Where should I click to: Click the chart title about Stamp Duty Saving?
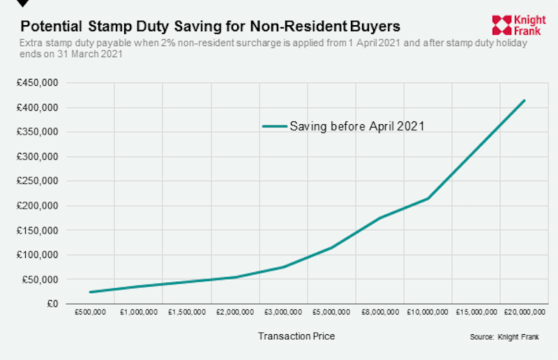click(x=210, y=27)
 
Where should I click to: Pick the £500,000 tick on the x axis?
click(x=89, y=312)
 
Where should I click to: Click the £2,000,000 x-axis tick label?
click(x=234, y=312)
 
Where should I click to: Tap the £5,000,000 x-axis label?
click(x=331, y=312)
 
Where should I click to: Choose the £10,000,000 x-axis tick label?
click(x=427, y=312)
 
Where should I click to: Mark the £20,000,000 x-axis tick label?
click(x=523, y=312)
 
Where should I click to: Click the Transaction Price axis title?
click(x=296, y=336)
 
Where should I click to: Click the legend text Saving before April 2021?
click(x=357, y=126)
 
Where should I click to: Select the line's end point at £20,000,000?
click(x=524, y=100)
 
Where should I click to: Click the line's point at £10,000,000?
click(x=428, y=199)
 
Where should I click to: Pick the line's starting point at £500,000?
click(x=90, y=292)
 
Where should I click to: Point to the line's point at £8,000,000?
click(x=379, y=218)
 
